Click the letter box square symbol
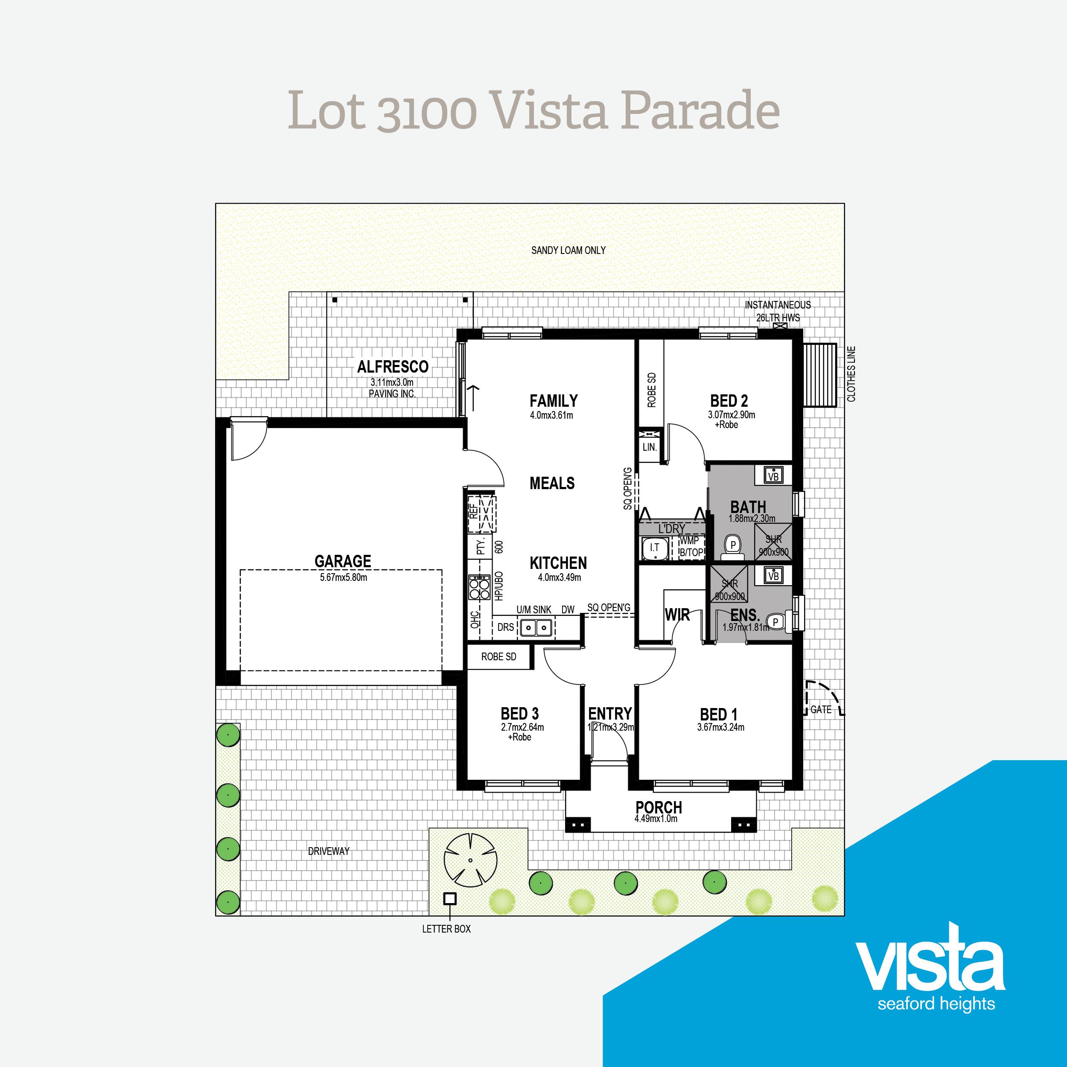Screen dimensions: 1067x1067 coord(450,898)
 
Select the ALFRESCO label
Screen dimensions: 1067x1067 coord(393,366)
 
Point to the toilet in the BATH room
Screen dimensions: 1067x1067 coord(733,547)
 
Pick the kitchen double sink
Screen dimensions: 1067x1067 coord(536,627)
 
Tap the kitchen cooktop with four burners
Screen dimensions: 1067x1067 coord(479,587)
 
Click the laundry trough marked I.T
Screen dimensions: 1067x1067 coord(654,548)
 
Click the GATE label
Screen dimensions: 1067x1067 coord(821,710)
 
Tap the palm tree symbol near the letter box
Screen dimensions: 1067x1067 coord(470,861)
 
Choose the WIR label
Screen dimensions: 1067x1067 coord(677,615)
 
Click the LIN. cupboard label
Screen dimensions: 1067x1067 coord(650,447)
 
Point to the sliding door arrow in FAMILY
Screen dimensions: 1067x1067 coord(473,397)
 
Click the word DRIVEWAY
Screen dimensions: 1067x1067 coord(329,851)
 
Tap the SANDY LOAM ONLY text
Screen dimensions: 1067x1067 coord(568,250)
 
